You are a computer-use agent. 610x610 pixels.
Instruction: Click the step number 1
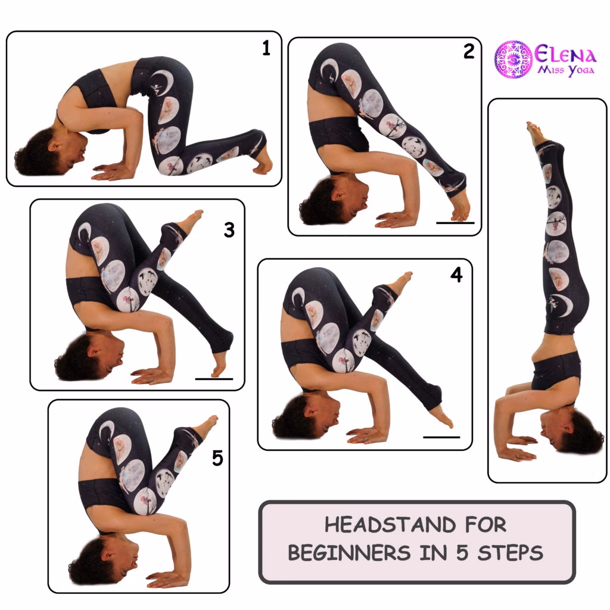[266, 49]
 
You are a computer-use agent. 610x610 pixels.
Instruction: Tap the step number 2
[469, 52]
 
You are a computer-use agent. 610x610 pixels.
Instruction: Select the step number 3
[229, 230]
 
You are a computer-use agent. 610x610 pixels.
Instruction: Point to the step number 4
[456, 276]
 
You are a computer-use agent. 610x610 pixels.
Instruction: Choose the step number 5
[217, 458]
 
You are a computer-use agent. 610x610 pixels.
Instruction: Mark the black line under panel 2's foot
[455, 223]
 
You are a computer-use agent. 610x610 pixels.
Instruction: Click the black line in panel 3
[214, 378]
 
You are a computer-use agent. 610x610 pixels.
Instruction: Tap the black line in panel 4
[441, 437]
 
